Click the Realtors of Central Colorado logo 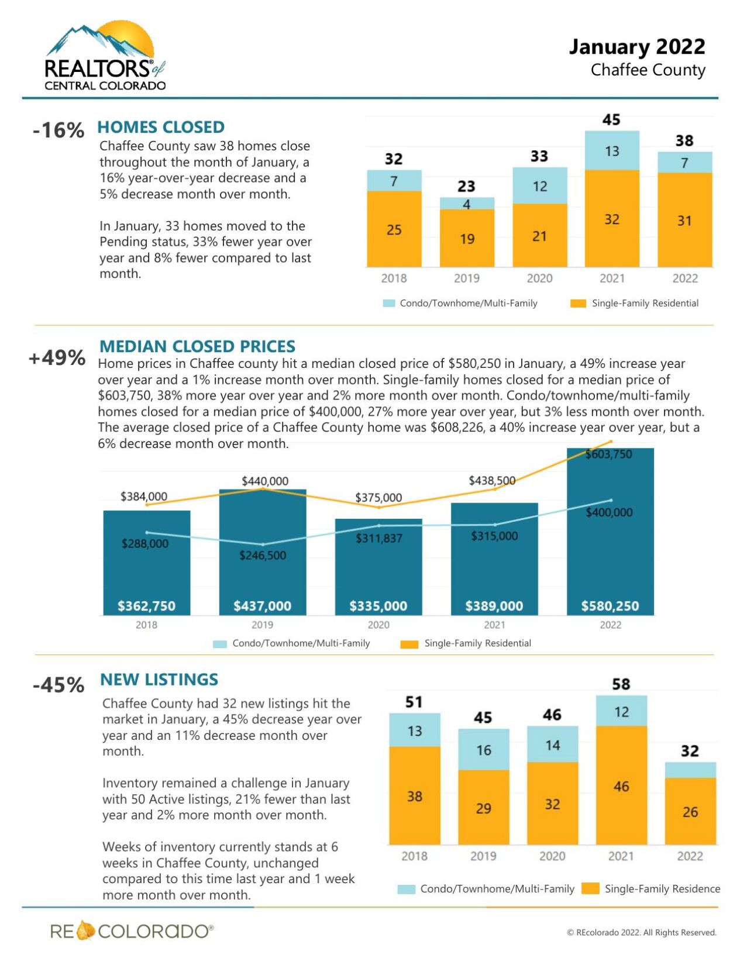pos(105,57)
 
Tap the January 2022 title pos(636,47)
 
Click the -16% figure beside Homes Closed pos(58,130)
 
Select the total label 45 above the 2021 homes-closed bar pos(611,120)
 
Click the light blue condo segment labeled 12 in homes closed pos(539,186)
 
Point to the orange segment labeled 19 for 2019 pos(467,239)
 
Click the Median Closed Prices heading pos(197,346)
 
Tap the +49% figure pos(57,357)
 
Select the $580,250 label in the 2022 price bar pos(610,606)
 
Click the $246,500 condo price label pos(263,555)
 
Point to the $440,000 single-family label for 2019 pos(265,481)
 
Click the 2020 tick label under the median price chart pos(378,625)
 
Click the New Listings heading pos(159,680)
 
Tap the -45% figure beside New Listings pos(58,685)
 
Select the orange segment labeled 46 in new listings pos(621,787)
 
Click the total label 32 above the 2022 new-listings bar pos(690,751)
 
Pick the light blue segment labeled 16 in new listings pos(483,750)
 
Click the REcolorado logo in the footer pos(132,931)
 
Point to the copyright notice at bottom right pos(641,932)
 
